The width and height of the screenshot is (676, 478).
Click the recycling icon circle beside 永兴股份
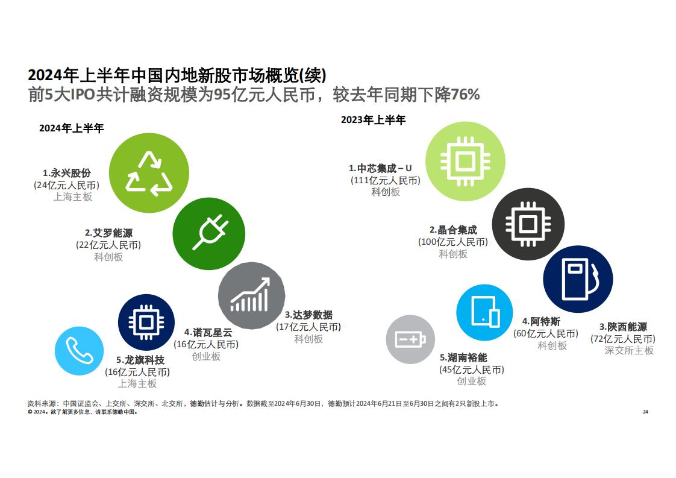(149, 173)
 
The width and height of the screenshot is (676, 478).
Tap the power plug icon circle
(209, 234)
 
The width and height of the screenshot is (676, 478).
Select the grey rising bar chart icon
(252, 295)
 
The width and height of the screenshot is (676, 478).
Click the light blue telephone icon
(80, 351)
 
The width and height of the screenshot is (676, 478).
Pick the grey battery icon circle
(410, 339)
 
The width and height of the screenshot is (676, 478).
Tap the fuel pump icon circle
(578, 279)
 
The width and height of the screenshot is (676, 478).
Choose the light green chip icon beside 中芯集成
(465, 162)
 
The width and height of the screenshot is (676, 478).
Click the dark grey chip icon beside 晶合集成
(528, 224)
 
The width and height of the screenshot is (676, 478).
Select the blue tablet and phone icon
(484, 312)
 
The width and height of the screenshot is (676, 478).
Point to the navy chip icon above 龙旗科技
(146, 322)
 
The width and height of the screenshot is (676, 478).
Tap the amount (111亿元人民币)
(386, 180)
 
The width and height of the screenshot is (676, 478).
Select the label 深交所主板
(629, 350)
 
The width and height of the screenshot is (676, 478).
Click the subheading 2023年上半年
(374, 119)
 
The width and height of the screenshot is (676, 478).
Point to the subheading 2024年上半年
(72, 128)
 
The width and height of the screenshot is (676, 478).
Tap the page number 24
(645, 412)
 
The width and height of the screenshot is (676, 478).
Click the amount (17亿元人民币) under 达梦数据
(308, 327)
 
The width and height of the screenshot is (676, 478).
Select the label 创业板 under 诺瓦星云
(206, 356)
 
